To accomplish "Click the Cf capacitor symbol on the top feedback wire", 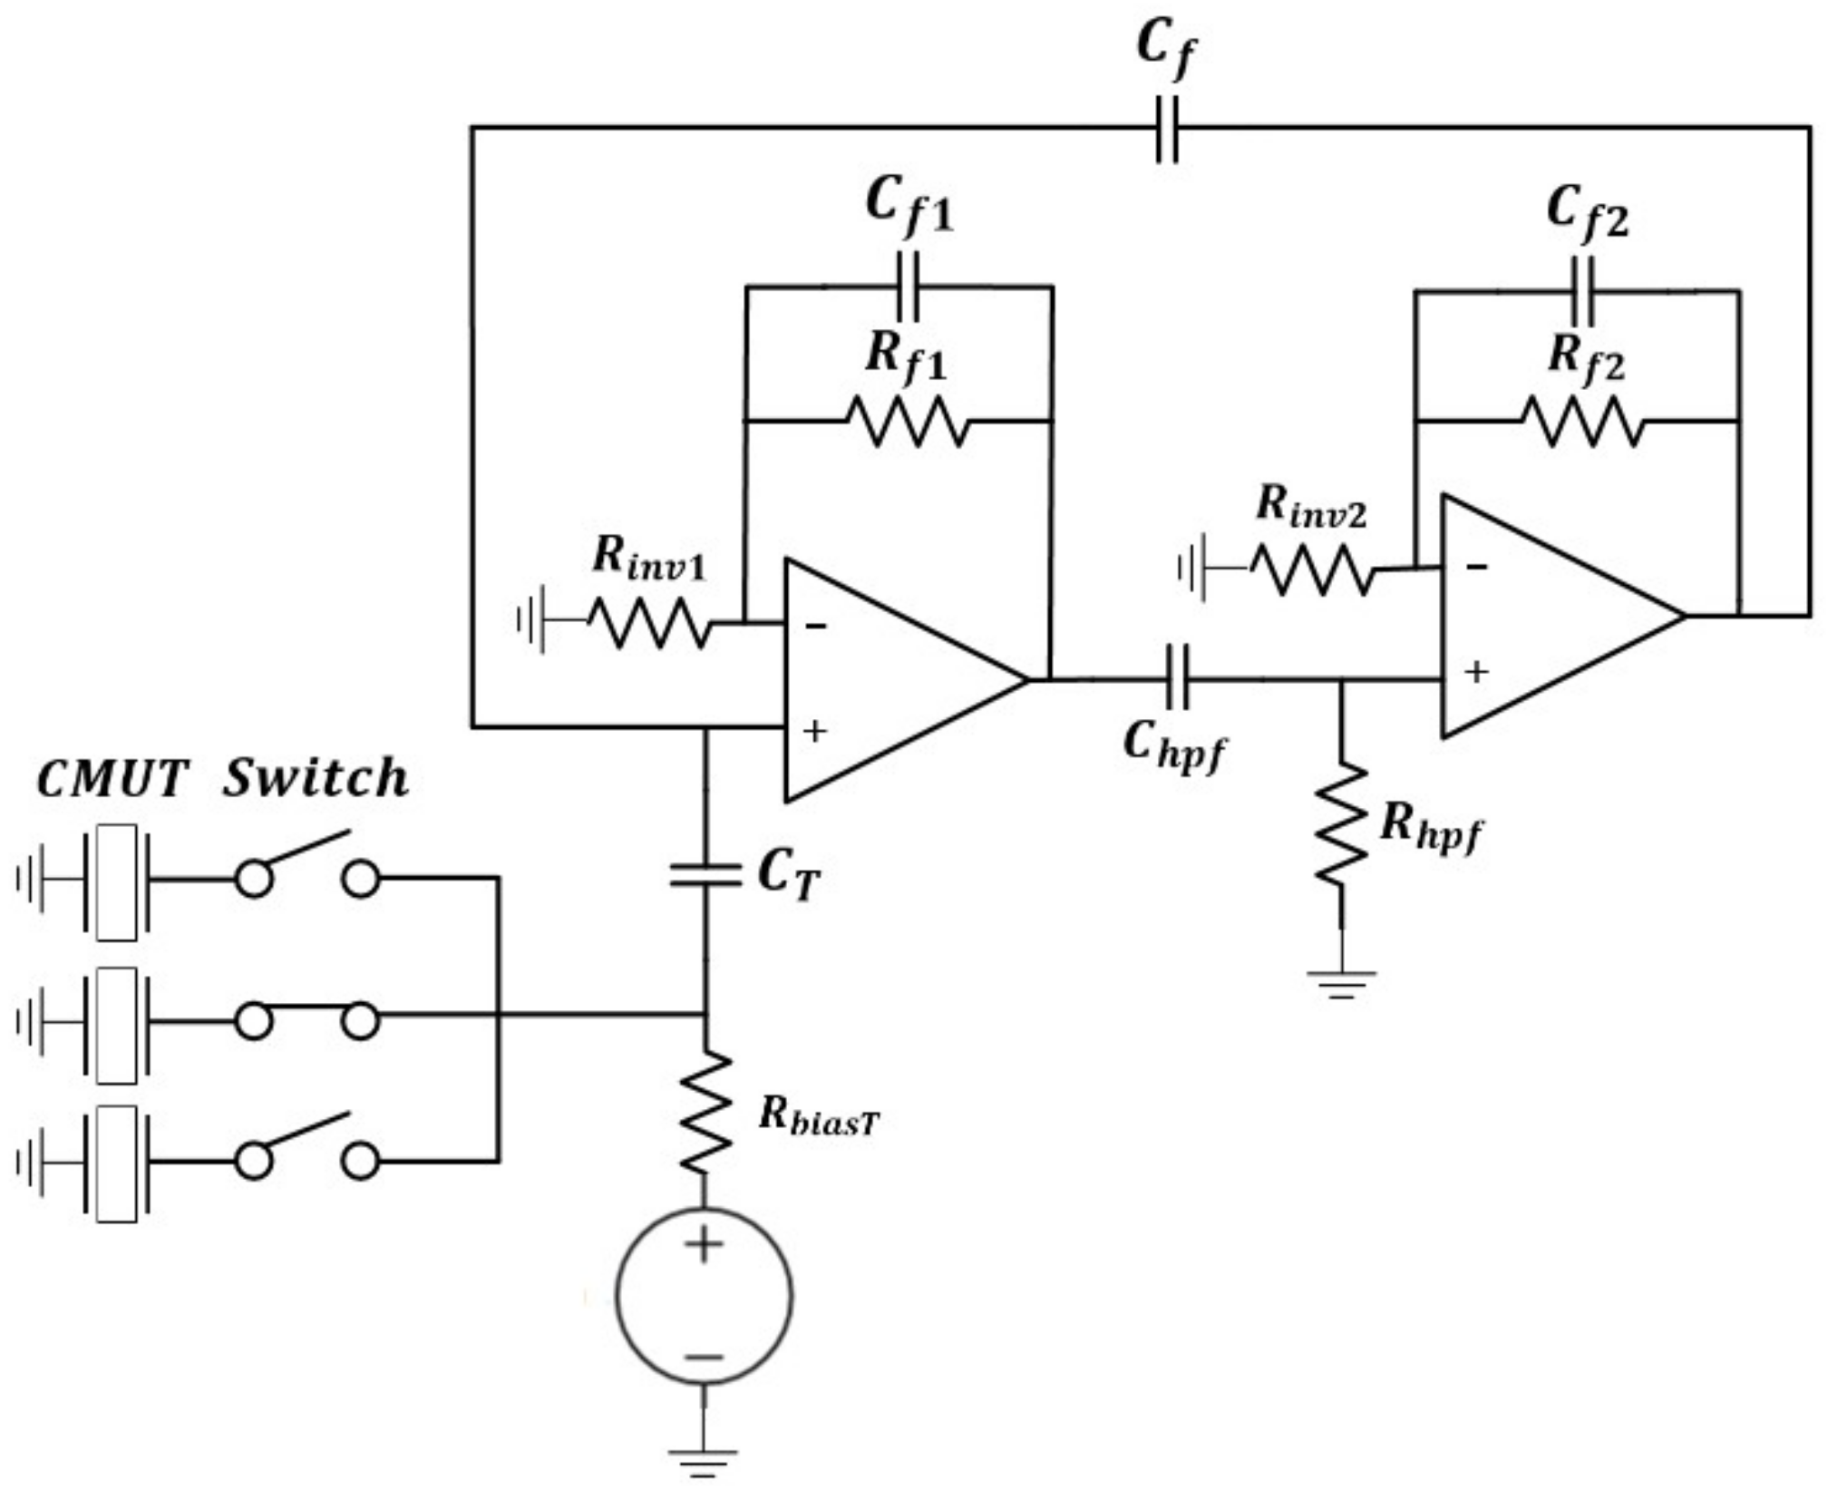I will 1167,129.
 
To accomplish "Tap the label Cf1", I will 909,205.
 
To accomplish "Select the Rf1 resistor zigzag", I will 908,422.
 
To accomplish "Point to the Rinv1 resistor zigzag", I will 649,623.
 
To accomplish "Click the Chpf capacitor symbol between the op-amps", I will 1177,678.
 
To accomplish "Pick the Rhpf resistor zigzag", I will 1342,823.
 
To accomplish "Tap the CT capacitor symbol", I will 705,875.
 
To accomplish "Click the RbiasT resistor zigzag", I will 705,1113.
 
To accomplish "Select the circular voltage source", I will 704,1297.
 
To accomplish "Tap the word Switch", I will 316,778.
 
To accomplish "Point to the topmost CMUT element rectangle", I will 116,881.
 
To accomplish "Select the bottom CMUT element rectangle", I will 116,1163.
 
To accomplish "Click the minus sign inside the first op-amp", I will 815,626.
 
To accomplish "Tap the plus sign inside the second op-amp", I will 1476,672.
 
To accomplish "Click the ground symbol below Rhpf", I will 1341,983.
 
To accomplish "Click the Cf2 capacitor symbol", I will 1583,291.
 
